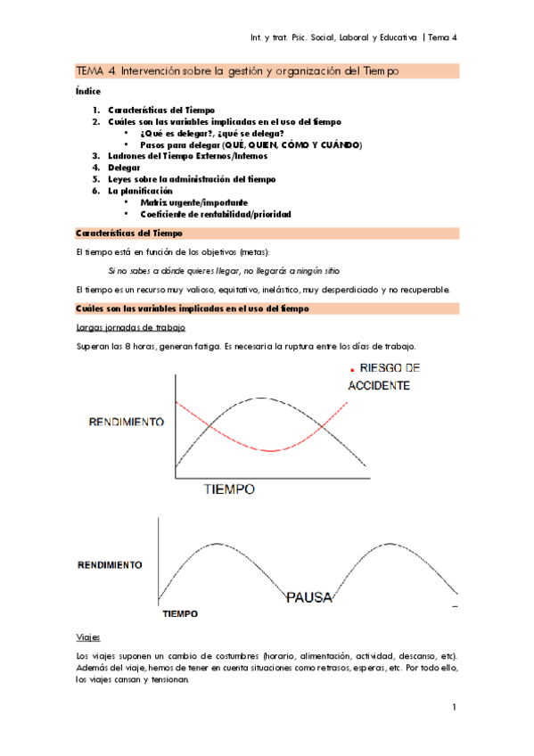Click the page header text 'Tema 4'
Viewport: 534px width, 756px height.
pyautogui.click(x=441, y=37)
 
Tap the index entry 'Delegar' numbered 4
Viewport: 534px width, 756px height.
pyautogui.click(x=123, y=167)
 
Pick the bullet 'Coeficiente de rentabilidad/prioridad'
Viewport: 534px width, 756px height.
pyautogui.click(x=216, y=214)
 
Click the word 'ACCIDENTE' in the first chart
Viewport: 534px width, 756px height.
pyautogui.click(x=378, y=386)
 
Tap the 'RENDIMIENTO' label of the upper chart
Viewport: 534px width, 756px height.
pyautogui.click(x=125, y=421)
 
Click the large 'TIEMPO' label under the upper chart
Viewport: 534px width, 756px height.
pyautogui.click(x=229, y=489)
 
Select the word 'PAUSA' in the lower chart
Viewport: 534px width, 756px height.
pyautogui.click(x=310, y=597)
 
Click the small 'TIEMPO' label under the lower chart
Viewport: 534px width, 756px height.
pyautogui.click(x=180, y=613)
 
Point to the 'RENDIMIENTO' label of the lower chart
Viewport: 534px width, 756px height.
pyautogui.click(x=110, y=564)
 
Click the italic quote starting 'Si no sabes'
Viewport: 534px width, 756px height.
pyautogui.click(x=224, y=270)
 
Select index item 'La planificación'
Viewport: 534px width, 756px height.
pyautogui.click(x=141, y=191)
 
